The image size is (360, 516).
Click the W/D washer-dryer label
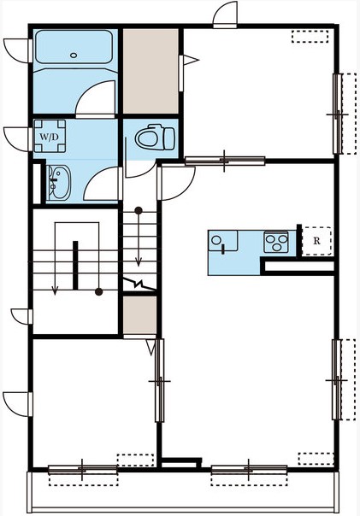pos(50,137)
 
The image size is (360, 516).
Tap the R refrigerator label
pos(316,241)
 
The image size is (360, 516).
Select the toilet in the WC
pos(155,138)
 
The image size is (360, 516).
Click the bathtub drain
pos(74,56)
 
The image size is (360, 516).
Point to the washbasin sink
pos(59,183)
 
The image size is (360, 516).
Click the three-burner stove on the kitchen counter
pos(276,242)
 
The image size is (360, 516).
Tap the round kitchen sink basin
pos(216,240)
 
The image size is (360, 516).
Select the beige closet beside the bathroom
pos(150,71)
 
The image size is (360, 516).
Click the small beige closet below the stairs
pos(139,315)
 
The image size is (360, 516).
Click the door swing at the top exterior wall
pos(225,15)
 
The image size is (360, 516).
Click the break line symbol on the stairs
pos(139,284)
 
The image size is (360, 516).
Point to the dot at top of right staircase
pos(139,210)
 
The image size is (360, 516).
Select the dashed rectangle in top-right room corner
pos(310,37)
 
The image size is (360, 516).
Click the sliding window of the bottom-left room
pos(83,469)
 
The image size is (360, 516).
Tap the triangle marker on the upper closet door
pos(191,60)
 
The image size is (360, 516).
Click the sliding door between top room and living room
pos(225,161)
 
